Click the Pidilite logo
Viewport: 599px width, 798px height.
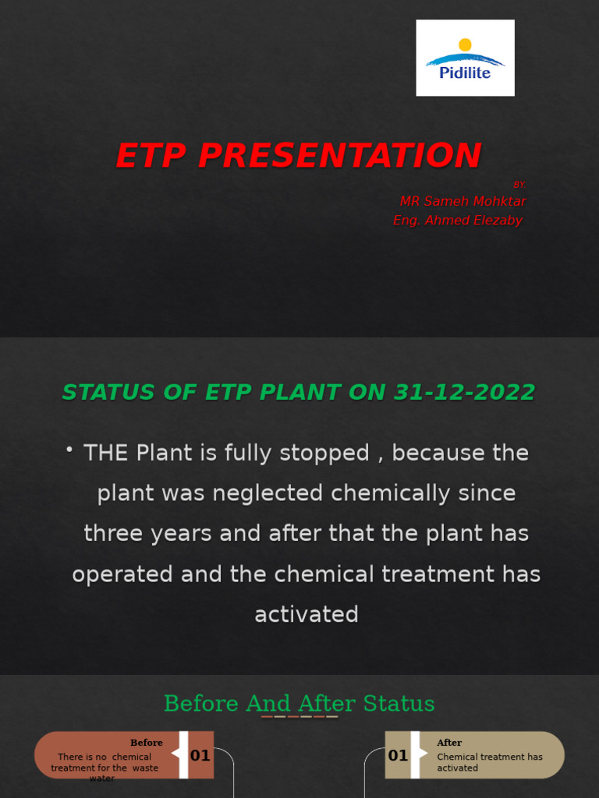click(x=465, y=58)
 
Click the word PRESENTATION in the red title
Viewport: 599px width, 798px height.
click(x=339, y=156)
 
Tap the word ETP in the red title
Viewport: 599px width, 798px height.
click(x=151, y=156)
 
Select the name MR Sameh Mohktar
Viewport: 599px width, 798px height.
click(x=463, y=201)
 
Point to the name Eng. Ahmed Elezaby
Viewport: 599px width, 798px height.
click(x=458, y=221)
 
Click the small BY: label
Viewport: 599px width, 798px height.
click(x=519, y=185)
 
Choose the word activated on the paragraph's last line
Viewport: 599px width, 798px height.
click(x=307, y=614)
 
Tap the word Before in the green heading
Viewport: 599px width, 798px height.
click(x=201, y=704)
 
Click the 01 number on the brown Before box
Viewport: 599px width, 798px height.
click(x=200, y=755)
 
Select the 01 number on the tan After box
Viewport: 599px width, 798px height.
click(x=398, y=755)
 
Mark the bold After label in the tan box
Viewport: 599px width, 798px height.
click(x=449, y=743)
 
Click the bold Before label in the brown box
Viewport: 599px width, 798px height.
click(x=147, y=743)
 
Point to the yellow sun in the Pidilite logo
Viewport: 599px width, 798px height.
click(x=465, y=45)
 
